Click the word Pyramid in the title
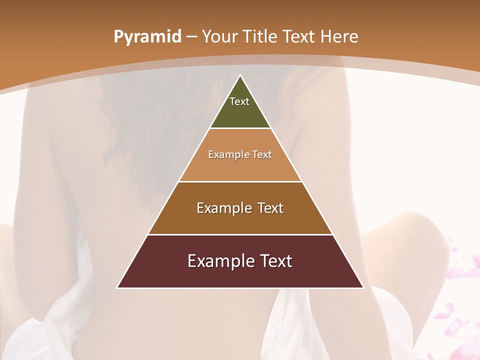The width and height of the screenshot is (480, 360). tap(147, 37)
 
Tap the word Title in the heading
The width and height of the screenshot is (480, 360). tap(260, 37)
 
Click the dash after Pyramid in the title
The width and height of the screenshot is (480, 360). tap(191, 37)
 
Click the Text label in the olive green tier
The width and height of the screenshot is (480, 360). tap(239, 101)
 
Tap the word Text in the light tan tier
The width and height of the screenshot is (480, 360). tap(262, 154)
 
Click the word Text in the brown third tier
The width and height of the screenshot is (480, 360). tap(270, 208)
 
